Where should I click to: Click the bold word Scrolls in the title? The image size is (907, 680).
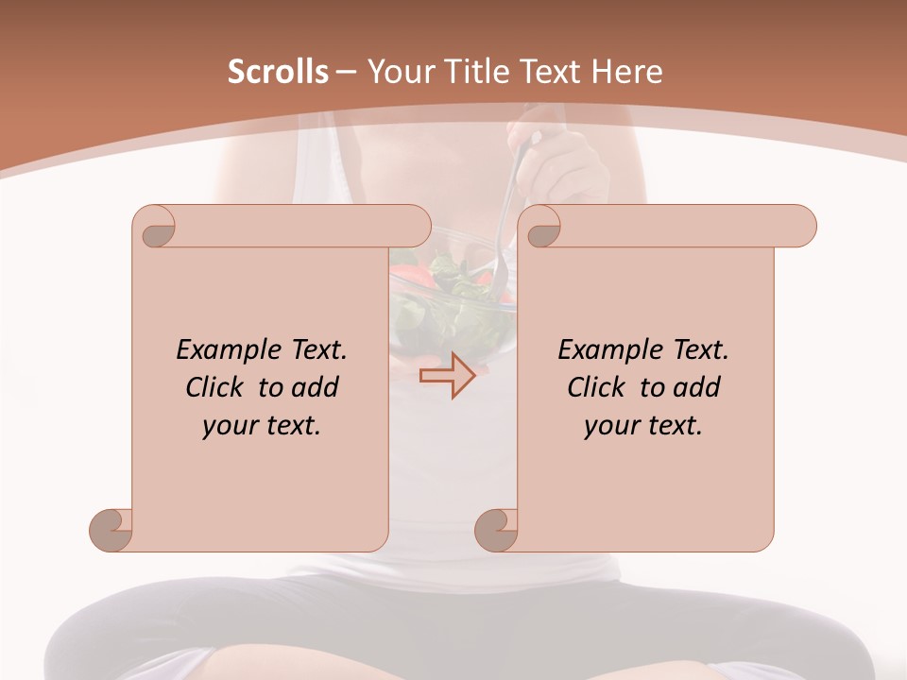click(279, 72)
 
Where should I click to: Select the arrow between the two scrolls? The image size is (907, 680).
click(447, 376)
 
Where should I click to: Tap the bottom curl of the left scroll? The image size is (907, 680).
click(111, 529)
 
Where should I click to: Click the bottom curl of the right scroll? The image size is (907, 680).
click(496, 529)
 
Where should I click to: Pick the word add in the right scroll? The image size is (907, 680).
click(697, 387)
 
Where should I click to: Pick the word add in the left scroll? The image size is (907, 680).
click(316, 387)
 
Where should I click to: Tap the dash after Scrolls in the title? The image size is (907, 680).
click(346, 73)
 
